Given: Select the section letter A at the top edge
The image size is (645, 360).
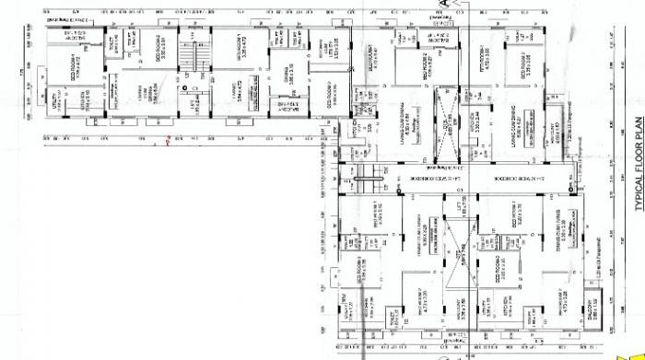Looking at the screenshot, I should tap(441, 5).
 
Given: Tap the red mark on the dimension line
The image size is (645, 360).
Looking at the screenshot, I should tap(167, 142).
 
